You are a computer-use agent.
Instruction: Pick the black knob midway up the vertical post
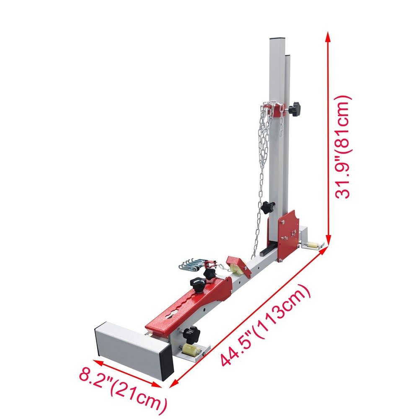267,207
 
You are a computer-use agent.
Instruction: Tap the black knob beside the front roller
191,334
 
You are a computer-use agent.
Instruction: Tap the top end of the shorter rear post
287,55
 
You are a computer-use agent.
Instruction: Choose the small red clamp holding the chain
209,265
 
